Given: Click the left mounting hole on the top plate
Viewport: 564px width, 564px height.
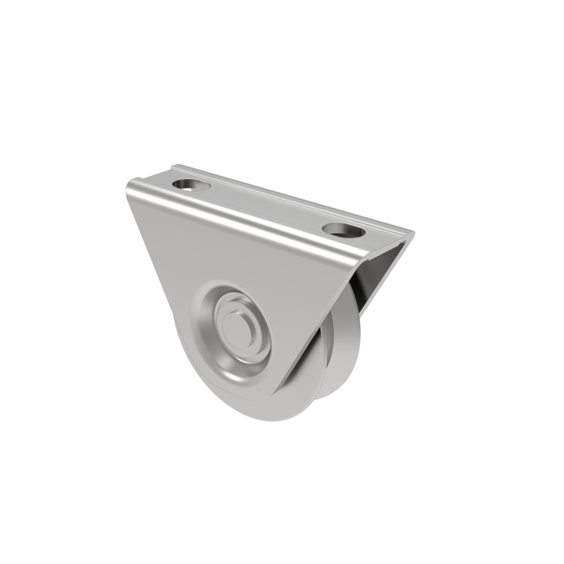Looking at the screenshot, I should click(191, 185).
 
